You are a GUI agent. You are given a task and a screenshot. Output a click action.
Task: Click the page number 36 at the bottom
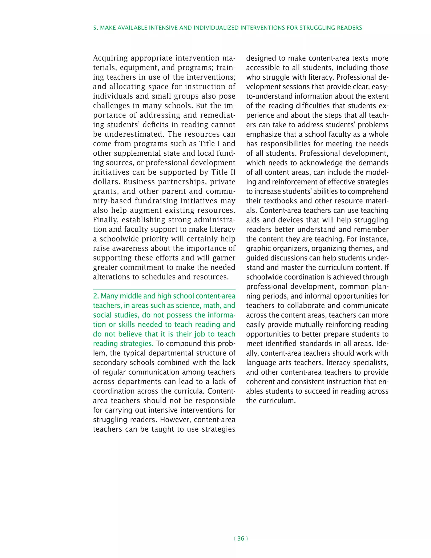241,539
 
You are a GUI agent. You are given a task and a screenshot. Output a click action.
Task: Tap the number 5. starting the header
96,28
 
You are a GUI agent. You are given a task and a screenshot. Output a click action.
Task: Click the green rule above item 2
164,290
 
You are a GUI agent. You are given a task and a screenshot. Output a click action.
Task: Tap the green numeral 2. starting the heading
96,296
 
